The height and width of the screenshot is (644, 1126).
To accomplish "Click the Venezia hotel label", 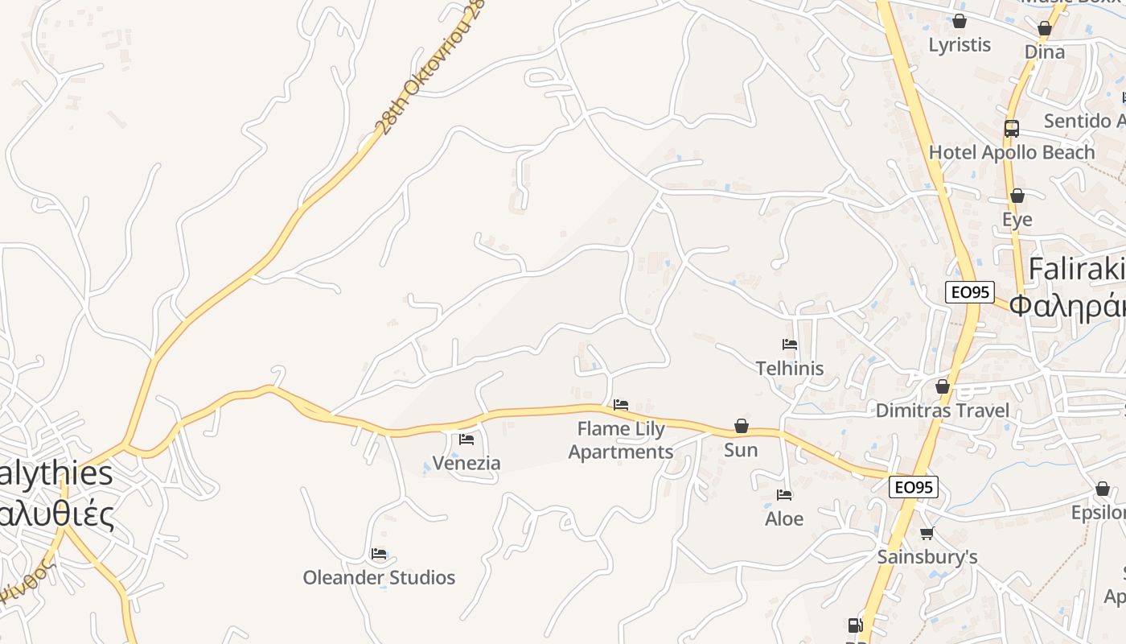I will click(x=466, y=463).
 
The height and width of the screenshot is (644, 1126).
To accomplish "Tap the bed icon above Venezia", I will click(x=466, y=440).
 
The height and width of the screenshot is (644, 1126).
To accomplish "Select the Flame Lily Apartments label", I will click(x=621, y=440).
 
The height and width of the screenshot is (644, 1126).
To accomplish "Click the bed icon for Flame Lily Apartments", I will click(x=621, y=405).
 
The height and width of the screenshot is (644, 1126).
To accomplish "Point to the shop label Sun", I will click(x=741, y=449).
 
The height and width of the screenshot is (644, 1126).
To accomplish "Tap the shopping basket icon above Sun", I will click(x=742, y=426).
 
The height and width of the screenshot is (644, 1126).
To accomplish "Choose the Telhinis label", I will click(x=790, y=368).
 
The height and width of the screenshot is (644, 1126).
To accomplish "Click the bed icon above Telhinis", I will click(x=790, y=345).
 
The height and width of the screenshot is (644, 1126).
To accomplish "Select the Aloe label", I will click(x=784, y=518).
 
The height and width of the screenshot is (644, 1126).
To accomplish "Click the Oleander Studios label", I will click(x=379, y=577).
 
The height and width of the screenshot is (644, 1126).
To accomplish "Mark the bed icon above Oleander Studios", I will click(x=379, y=554).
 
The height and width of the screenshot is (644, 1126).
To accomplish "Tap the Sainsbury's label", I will click(x=927, y=556).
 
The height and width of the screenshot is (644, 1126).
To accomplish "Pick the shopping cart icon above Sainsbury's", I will click(x=927, y=533).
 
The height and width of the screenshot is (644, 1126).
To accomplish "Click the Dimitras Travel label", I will click(x=942, y=411).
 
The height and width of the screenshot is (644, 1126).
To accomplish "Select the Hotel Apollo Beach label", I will click(x=1012, y=152).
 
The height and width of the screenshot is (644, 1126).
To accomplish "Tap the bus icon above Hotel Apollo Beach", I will click(x=1012, y=129).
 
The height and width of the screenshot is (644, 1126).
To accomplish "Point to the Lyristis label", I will click(x=960, y=44).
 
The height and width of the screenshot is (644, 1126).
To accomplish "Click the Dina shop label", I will click(x=1045, y=52).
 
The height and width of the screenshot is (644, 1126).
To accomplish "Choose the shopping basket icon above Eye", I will click(x=1017, y=196).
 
